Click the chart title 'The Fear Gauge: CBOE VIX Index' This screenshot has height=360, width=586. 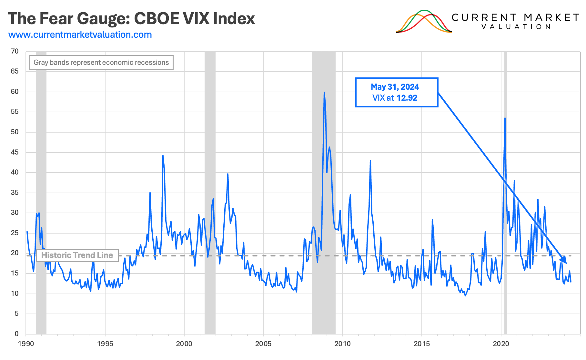pos(131,18)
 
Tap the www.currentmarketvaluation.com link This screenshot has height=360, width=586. pos(80,35)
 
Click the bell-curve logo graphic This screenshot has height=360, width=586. pos(424,22)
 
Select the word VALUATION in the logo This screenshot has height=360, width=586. pos(516,27)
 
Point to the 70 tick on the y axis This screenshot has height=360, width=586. pos(15,51)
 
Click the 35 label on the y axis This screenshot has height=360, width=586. pos(15,193)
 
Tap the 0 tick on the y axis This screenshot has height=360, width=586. pos(16,334)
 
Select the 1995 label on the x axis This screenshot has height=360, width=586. pos(105,344)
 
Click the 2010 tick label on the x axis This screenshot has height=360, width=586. pos(342,344)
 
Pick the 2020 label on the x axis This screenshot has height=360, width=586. pos(501,344)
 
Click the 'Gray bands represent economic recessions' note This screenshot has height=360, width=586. pos(101,63)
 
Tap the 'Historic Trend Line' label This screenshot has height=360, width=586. pos(77,255)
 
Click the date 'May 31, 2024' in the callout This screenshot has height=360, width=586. pos(395,87)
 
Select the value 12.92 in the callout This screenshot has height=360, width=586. pos(407,98)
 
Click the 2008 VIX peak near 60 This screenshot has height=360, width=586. pos(324,93)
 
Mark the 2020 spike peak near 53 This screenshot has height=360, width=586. pos(505,118)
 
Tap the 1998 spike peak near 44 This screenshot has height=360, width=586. pos(163,156)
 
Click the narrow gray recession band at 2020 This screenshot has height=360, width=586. pos(506,194)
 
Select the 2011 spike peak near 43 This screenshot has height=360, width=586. pos(370,161)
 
